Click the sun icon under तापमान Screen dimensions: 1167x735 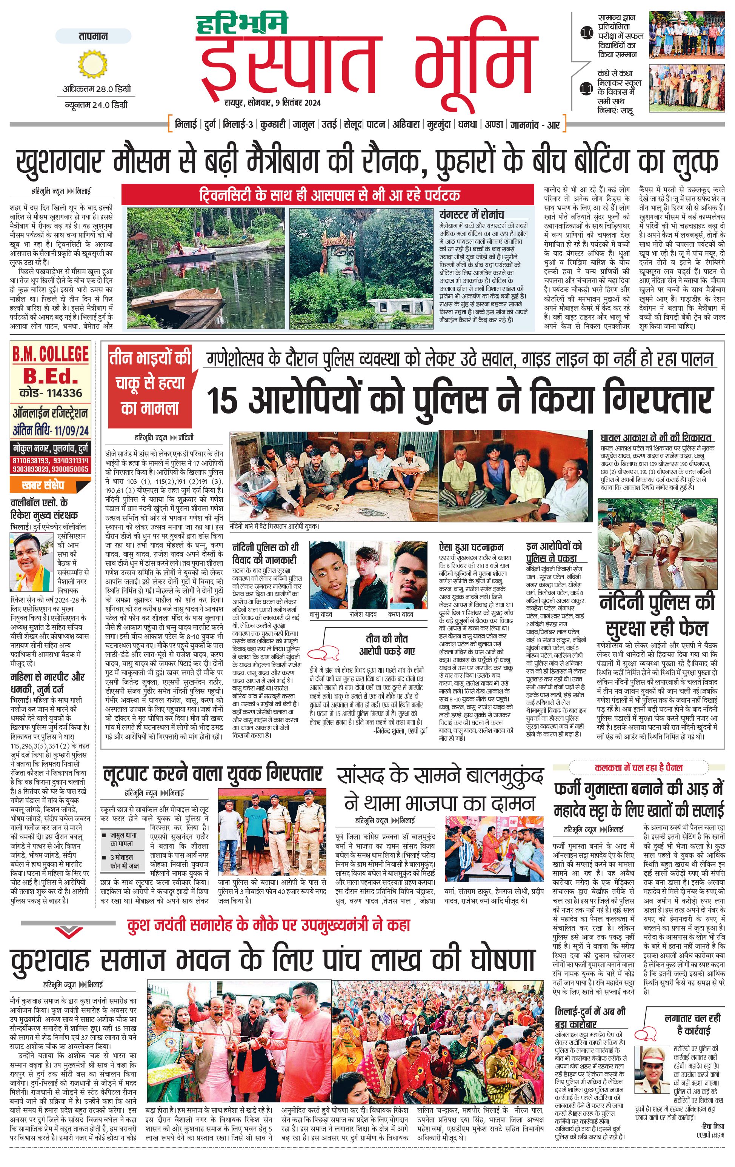[x=92, y=65]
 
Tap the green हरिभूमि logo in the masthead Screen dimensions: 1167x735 [x=242, y=23]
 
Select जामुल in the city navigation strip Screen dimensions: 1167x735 [x=303, y=125]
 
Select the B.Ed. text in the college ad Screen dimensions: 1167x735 [x=50, y=375]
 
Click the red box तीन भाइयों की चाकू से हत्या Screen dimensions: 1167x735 [x=150, y=383]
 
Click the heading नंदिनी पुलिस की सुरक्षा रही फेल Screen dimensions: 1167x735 [x=657, y=615]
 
